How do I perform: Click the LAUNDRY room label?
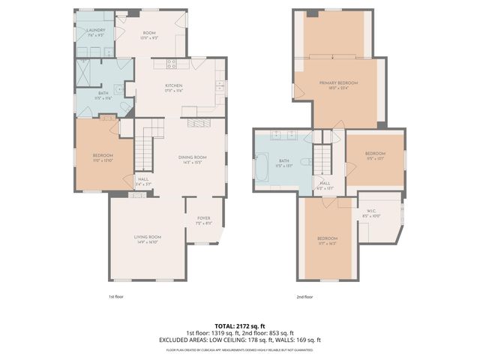pos(94,31)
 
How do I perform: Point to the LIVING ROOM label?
pos(148,238)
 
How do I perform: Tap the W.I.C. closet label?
pos(371,214)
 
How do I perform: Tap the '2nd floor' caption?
pos(304,297)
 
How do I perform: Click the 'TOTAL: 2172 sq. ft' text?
pos(239,325)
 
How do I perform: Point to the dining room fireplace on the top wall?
pos(199,123)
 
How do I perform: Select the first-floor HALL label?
pos(143,181)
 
